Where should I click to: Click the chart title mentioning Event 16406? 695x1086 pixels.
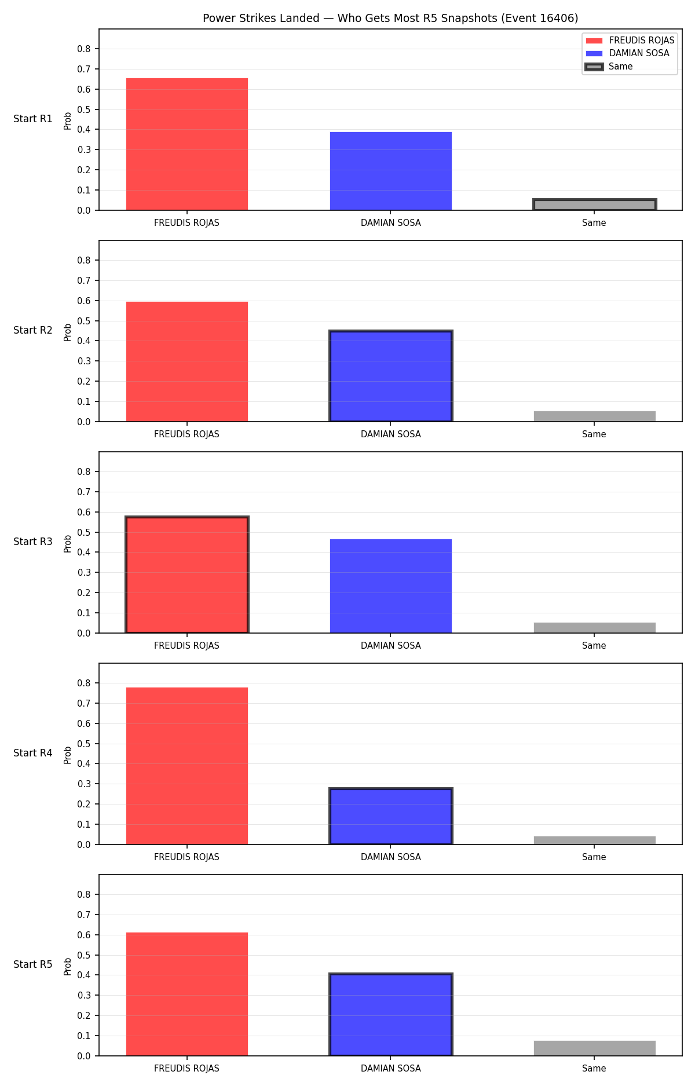pos(390,18)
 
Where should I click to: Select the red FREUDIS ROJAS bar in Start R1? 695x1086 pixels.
pos(187,144)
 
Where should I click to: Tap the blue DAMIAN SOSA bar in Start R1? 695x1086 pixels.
pos(391,171)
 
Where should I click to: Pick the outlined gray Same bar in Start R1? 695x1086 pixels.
pos(595,204)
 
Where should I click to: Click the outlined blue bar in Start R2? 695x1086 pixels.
pos(391,376)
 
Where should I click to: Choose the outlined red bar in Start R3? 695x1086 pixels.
pos(187,575)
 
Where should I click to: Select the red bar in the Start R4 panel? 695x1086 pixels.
pos(187,766)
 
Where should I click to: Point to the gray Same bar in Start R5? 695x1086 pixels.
pos(595,1048)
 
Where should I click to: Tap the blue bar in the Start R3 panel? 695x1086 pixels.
pos(391,586)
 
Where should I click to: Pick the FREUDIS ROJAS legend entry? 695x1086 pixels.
pos(630,41)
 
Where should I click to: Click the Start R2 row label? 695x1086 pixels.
pos(33,330)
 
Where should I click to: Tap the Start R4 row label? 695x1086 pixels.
pos(33,753)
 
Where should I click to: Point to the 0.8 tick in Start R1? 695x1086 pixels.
pos(85,49)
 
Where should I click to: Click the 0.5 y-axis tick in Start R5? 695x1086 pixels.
pos(85,955)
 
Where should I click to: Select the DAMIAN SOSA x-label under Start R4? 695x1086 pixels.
pos(391,857)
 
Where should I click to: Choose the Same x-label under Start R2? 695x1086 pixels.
pos(594,434)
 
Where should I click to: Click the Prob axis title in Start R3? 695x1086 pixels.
pos(68,543)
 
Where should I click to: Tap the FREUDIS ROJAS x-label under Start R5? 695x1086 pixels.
pos(186,1069)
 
